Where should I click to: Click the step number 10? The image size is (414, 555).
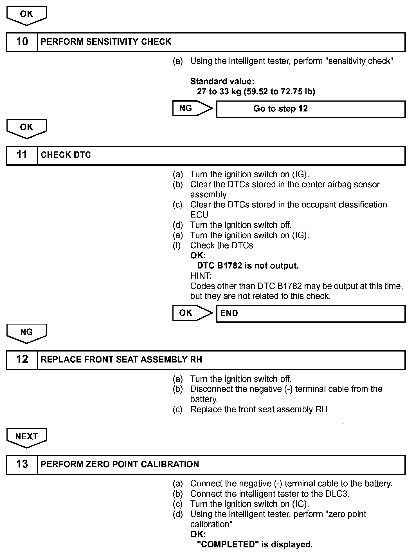pos(22,42)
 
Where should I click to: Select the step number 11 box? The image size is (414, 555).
pos(22,155)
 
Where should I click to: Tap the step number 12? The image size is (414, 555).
pos(22,360)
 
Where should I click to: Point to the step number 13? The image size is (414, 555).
pos(22,464)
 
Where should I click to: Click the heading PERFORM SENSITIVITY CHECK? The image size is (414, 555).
pos(106,42)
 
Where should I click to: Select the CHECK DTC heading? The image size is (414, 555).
pos(66,155)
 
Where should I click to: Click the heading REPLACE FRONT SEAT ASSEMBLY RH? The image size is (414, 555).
pos(121,360)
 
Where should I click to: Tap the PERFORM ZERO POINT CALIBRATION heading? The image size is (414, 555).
pos(120,464)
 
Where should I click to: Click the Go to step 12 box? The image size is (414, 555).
pos(310,109)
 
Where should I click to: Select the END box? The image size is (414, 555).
pos(310,314)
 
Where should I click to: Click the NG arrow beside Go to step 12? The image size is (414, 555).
pos(192,108)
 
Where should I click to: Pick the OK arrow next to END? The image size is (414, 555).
pos(192,313)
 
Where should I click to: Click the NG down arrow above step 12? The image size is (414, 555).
pos(26,333)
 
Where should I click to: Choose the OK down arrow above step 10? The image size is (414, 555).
pos(26,15)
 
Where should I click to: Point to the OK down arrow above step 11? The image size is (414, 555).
pos(26,128)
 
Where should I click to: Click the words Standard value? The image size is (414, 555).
pos(222,81)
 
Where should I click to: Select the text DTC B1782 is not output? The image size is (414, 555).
pos(248,266)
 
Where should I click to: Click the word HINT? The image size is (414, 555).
pos(201,276)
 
